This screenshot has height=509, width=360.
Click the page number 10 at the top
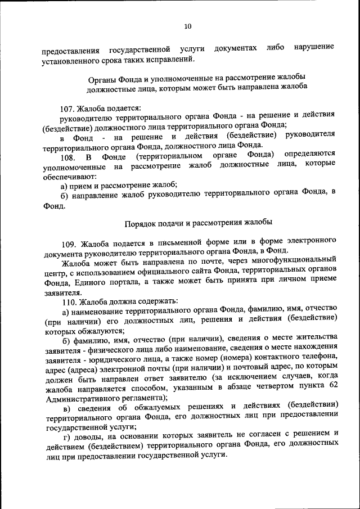click(188, 26)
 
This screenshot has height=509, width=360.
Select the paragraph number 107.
click(67, 107)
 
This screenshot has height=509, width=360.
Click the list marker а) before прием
click(65, 185)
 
